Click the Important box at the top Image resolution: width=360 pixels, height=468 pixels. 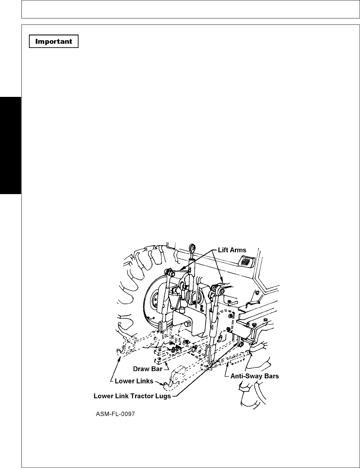click(54, 42)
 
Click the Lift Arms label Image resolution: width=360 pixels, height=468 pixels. click(232, 250)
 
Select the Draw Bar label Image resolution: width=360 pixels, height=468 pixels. click(148, 369)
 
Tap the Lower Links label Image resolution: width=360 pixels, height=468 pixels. click(134, 381)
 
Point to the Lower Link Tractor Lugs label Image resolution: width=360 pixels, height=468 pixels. click(132, 396)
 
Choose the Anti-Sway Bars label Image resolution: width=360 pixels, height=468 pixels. click(255, 376)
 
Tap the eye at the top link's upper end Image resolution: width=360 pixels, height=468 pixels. click(193, 248)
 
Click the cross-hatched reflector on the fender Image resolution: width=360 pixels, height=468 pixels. click(246, 261)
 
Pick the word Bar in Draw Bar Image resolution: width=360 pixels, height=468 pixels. click(157, 369)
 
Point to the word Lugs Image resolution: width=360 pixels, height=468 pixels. click(163, 396)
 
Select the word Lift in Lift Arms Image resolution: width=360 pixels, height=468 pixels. click(223, 250)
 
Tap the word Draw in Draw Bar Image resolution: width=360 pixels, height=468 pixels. click(142, 369)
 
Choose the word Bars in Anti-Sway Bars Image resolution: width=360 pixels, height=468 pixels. click(271, 376)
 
